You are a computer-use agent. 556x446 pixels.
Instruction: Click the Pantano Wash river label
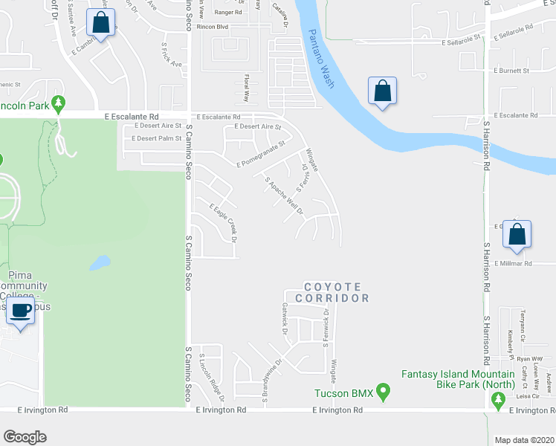click(319, 56)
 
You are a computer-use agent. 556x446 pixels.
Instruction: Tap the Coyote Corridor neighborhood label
click(332, 292)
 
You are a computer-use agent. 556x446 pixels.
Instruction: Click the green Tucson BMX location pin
click(383, 391)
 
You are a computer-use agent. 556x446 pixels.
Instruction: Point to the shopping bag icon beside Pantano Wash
click(382, 91)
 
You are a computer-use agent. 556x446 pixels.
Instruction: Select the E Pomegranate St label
click(260, 155)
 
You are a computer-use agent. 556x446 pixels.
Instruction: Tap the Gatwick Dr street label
click(284, 318)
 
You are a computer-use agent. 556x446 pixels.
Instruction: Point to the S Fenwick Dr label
click(326, 328)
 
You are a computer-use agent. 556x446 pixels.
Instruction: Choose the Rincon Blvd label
click(212, 26)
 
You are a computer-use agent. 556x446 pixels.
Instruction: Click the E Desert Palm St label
click(156, 138)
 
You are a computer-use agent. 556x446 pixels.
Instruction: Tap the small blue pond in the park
click(99, 263)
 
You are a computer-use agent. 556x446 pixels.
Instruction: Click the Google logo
click(25, 436)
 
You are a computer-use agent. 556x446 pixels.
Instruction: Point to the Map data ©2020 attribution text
click(525, 440)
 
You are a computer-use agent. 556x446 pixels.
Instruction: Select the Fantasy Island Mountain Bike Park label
click(459, 379)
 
